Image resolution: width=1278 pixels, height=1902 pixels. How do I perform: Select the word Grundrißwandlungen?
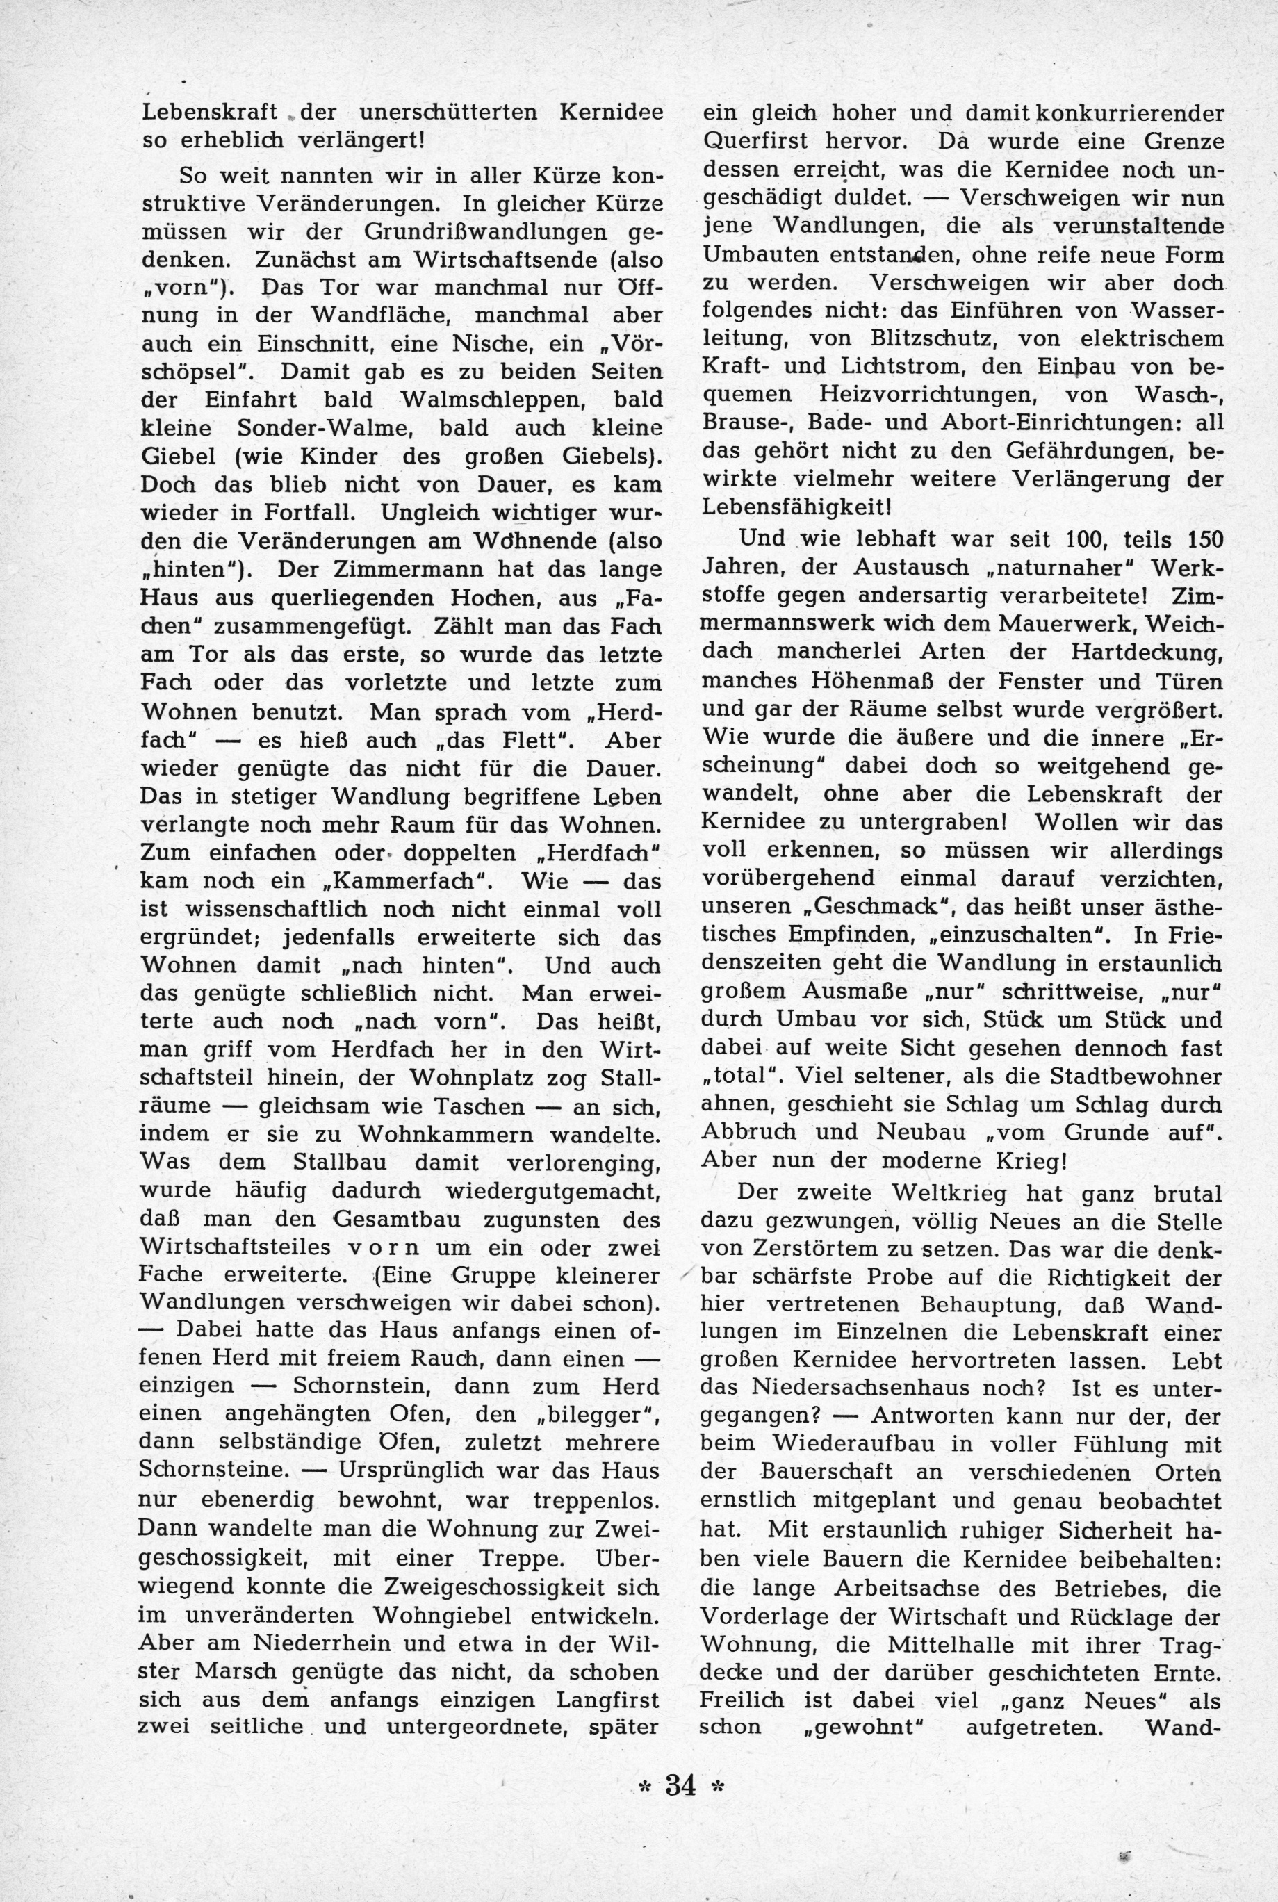tap(485, 231)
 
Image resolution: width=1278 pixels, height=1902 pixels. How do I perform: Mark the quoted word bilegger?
tap(591, 1413)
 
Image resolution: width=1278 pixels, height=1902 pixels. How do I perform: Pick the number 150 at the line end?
tap(1203, 539)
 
